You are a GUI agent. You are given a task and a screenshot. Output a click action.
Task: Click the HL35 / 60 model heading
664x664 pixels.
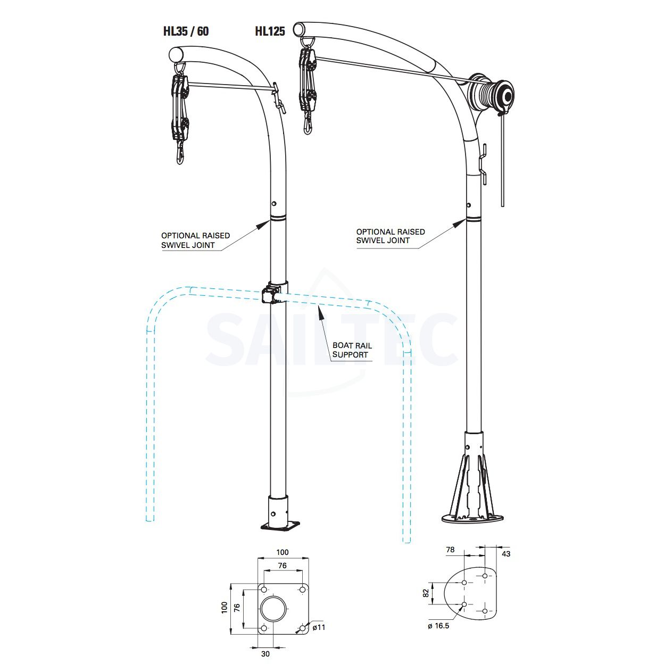[186, 31]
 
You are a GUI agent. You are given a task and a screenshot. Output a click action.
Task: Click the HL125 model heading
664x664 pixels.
[270, 31]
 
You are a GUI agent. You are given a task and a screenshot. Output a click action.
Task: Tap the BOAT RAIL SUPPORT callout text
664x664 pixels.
[352, 350]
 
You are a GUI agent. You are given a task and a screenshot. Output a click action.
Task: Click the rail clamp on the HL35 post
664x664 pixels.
[271, 294]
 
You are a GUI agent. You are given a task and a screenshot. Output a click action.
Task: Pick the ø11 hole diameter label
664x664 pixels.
[318, 627]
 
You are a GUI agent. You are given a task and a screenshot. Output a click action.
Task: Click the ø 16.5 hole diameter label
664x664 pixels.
[438, 626]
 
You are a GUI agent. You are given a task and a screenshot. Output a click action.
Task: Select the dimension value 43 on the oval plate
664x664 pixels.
[506, 554]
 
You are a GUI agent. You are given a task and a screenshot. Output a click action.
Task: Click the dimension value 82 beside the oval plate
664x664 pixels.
[426, 593]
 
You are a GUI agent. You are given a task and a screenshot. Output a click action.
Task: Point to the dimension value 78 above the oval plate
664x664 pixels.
[450, 550]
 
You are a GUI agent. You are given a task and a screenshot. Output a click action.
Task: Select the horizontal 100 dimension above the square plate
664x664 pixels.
[283, 552]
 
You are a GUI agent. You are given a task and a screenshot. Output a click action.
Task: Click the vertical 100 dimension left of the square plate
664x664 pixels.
[224, 607]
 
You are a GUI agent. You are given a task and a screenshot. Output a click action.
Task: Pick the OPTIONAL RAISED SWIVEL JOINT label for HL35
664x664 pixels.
[195, 240]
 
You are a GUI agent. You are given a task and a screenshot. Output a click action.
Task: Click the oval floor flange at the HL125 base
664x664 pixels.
[472, 518]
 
